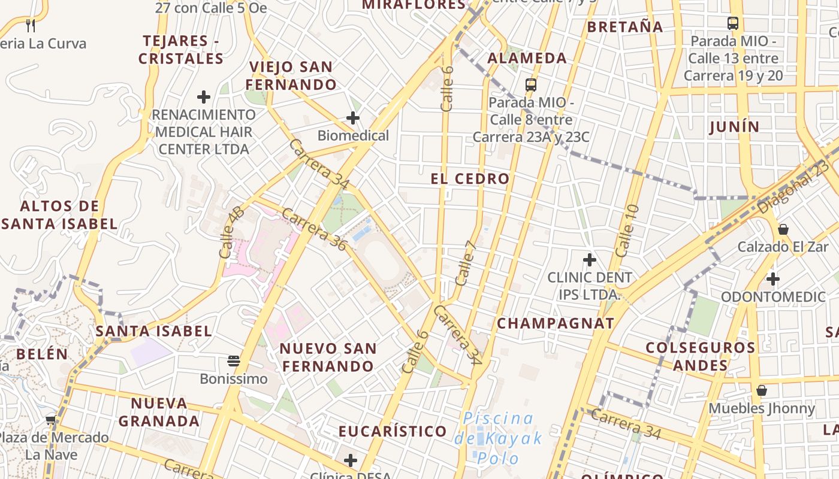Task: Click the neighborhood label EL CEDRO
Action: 470,178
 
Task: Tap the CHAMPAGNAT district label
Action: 556,323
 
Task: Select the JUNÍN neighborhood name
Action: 734,127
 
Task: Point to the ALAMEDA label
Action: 527,58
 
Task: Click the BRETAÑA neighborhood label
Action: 625,27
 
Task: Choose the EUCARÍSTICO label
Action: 393,431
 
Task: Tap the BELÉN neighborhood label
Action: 42,354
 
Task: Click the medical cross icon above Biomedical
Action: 353,118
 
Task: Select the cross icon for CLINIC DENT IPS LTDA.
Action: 590,260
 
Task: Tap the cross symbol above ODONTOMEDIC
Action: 773,278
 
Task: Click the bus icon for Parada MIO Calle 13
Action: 733,23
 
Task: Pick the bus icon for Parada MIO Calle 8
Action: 531,84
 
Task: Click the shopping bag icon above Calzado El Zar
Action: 783,229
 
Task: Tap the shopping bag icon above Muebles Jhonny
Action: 762,390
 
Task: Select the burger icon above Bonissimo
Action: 234,360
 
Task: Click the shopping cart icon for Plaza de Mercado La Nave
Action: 51,420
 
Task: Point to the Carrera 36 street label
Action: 314,229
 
